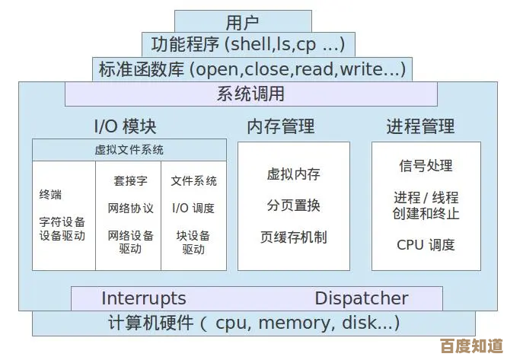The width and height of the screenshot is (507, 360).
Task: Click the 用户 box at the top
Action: coord(243,22)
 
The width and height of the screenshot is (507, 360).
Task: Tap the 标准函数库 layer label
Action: coord(251,70)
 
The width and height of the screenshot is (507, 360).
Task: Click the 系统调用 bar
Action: coord(250,94)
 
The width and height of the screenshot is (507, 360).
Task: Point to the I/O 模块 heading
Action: coord(125,126)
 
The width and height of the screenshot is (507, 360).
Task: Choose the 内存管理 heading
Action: coord(281,126)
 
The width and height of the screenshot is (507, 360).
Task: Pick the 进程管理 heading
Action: coord(420,126)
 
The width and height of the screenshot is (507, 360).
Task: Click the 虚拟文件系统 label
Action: coord(129,150)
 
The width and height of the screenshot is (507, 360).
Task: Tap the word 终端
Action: coord(51,195)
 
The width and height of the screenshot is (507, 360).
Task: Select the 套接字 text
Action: coord(130,181)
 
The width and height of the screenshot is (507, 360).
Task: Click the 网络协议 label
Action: coord(130,208)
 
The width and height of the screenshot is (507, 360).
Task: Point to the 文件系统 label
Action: coord(193,181)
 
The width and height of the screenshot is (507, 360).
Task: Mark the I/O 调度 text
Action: coord(193,208)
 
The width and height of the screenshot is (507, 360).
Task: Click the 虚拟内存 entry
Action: coord(293,174)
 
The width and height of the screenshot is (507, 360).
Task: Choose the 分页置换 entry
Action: coord(293,205)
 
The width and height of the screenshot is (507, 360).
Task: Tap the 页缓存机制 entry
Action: coord(293,237)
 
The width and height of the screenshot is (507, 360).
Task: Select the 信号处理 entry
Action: coord(426,165)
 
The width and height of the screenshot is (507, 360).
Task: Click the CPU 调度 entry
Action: coord(426,244)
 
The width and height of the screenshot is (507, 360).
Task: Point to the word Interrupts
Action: coord(143,298)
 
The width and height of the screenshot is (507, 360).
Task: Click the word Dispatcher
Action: coord(362,298)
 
